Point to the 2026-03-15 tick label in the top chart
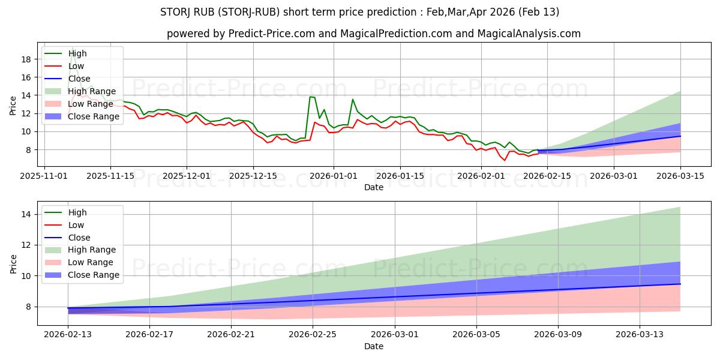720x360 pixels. click(680, 176)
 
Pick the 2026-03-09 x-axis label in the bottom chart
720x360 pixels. click(558, 335)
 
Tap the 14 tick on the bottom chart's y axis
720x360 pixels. click(28, 214)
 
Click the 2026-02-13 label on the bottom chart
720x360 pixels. click(68, 335)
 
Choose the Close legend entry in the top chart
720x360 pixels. click(79, 79)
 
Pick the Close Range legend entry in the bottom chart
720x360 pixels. click(94, 275)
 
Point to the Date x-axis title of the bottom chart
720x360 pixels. click(374, 346)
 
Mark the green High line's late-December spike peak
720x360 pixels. click(310, 97)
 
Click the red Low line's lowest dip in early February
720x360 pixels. click(505, 160)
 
